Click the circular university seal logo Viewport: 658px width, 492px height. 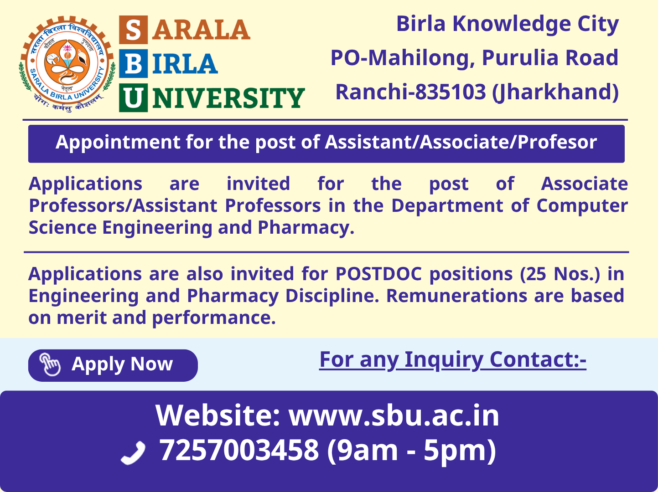tap(67, 63)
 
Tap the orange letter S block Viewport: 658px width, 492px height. tap(133, 30)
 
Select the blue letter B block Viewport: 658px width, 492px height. tap(133, 63)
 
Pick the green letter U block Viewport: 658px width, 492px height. tap(133, 97)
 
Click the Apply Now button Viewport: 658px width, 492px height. tap(113, 365)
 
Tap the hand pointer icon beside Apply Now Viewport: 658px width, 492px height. tap(50, 364)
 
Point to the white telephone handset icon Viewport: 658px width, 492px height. tap(133, 452)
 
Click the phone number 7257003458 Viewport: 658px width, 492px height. tap(239, 450)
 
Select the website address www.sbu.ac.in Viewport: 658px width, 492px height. tap(394, 415)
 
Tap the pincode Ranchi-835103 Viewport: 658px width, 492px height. tap(410, 92)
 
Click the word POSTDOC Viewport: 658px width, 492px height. tap(378, 274)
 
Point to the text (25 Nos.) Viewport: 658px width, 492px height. tap(560, 274)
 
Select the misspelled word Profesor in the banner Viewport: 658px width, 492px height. tap(557, 142)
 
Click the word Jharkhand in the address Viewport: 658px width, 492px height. tap(555, 92)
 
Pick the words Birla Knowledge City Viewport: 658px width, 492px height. tap(508, 24)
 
